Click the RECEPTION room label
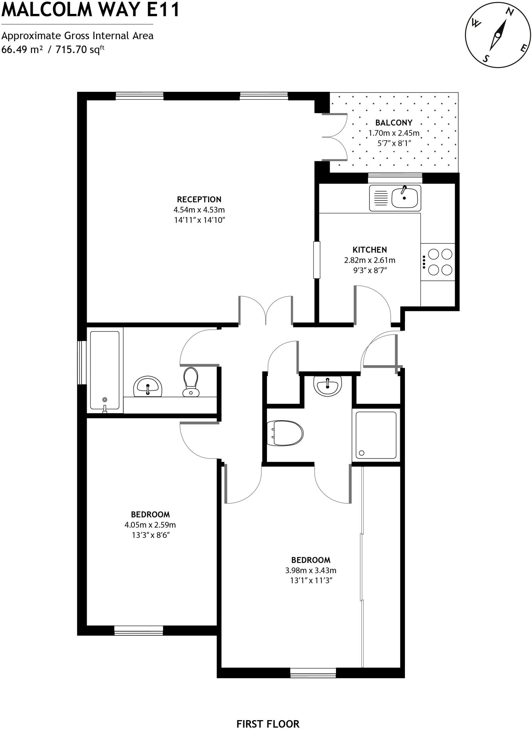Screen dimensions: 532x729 coord(199,199)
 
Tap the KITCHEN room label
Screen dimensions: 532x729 coord(370,250)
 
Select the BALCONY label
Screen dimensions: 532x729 coord(394,123)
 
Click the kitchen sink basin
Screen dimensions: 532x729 coord(405,198)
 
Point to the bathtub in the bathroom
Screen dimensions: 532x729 coord(105,370)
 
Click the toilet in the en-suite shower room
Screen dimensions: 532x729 coord(285,433)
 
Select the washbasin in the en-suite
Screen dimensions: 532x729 coord(327,386)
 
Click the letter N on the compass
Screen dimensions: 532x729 coord(510,12)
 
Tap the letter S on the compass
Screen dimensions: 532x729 coord(486,58)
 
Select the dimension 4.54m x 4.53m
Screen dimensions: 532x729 coord(199,210)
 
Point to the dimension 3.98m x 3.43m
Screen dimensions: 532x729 coord(311,570)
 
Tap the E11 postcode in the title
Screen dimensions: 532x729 coord(163,10)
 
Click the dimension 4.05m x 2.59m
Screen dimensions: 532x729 coord(150,525)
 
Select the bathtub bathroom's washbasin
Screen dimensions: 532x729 coord(148,386)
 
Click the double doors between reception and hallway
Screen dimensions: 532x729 coord(266,310)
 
